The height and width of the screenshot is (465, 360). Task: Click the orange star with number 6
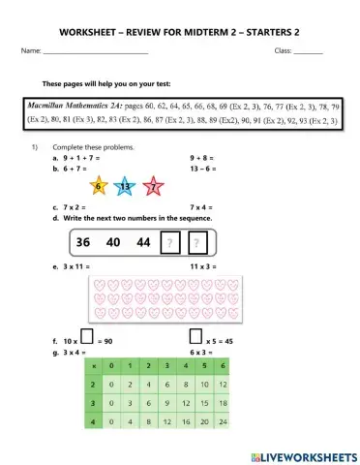pos(98,184)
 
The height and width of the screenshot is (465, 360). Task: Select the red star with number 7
pos(152,185)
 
